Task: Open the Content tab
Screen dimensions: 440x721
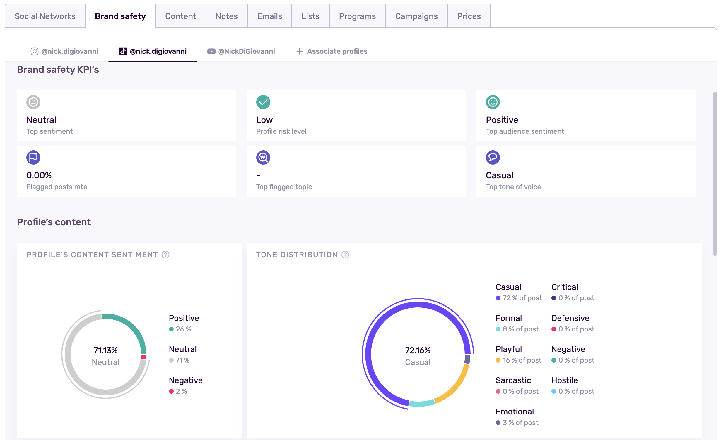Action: point(180,16)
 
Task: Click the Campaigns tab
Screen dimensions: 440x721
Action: point(416,16)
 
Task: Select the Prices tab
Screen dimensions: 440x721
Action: point(469,16)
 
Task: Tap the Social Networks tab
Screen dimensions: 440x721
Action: point(45,16)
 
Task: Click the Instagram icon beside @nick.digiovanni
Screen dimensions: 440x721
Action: point(35,51)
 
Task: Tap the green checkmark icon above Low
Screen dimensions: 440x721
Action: point(263,102)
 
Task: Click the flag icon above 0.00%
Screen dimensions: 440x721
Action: point(33,158)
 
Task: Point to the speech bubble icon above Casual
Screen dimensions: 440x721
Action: point(493,158)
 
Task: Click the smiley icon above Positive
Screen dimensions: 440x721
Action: point(493,102)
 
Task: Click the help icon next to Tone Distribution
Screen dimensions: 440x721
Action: point(345,255)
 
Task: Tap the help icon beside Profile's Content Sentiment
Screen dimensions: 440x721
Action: point(165,255)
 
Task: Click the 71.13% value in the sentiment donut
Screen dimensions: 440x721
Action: point(105,350)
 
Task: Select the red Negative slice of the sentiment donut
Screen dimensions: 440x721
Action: point(143,357)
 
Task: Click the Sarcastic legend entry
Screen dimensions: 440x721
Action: point(513,380)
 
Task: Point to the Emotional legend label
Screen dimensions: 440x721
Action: point(515,412)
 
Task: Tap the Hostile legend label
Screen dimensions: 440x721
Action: point(564,380)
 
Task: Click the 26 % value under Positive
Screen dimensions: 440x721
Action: point(183,329)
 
